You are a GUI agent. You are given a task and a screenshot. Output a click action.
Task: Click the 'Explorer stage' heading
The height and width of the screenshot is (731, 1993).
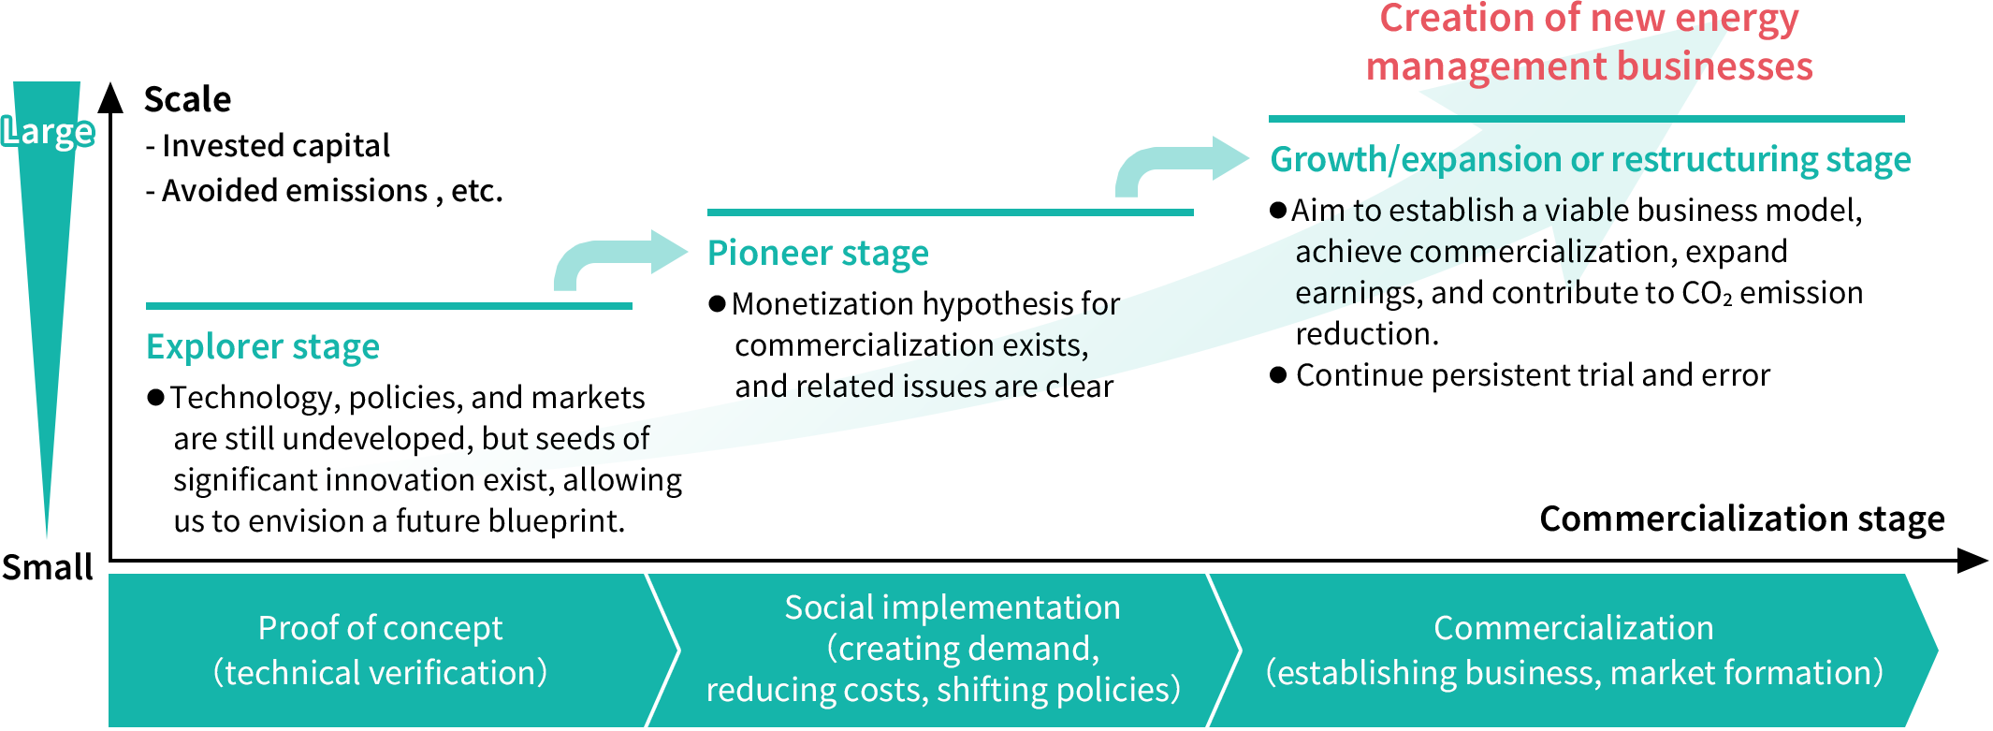click(x=263, y=347)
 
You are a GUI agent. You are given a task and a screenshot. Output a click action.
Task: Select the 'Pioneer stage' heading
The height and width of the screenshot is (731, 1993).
click(x=818, y=254)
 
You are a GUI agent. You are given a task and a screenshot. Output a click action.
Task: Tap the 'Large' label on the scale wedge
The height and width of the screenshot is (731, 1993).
click(x=49, y=132)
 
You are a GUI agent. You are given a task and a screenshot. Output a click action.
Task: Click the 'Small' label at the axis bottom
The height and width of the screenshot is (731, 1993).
click(x=48, y=567)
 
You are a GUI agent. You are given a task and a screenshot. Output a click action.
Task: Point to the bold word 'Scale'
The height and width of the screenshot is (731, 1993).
click(x=187, y=99)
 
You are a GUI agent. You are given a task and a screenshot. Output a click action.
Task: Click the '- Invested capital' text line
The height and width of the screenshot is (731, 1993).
click(x=268, y=146)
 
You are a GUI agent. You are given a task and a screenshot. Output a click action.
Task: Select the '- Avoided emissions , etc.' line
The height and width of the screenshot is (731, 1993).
click(x=324, y=191)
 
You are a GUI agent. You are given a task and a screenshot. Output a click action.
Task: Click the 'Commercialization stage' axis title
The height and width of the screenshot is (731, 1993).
click(x=1741, y=519)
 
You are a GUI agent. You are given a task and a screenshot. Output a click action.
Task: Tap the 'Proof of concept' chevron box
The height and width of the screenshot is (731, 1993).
click(x=380, y=651)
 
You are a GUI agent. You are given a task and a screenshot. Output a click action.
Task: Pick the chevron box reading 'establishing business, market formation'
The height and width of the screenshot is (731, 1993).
click(x=1574, y=651)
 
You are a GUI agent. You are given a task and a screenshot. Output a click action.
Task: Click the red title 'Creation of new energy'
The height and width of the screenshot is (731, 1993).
click(x=1589, y=19)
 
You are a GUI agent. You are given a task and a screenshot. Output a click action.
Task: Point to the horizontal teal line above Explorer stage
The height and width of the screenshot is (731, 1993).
click(x=388, y=306)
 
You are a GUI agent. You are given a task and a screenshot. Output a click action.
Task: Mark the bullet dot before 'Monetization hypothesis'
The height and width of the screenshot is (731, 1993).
click(x=718, y=303)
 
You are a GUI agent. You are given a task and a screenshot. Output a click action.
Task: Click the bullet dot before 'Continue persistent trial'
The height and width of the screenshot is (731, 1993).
click(x=1279, y=375)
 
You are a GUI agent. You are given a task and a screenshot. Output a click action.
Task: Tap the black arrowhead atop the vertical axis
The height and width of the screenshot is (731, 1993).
click(x=110, y=97)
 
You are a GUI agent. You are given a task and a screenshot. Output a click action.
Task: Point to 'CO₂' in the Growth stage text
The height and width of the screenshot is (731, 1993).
click(x=1707, y=294)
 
